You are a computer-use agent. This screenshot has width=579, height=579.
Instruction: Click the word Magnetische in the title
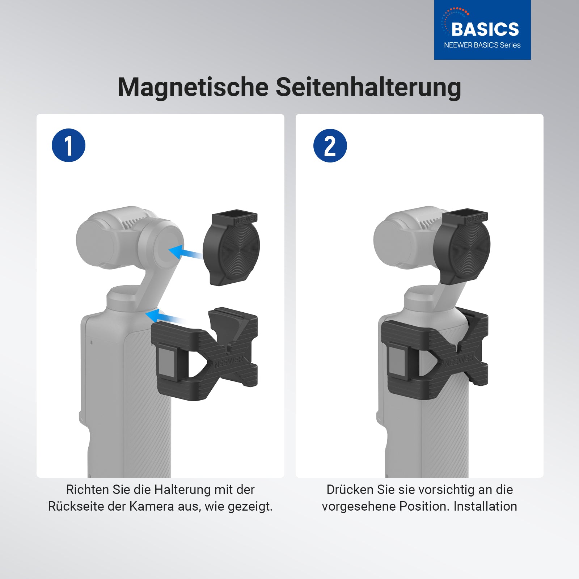tap(193, 88)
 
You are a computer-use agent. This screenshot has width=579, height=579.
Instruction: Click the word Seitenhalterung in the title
tap(368, 87)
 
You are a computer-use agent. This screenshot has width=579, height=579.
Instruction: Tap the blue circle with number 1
tap(68, 145)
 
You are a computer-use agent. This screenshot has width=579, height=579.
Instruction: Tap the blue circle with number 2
tap(330, 145)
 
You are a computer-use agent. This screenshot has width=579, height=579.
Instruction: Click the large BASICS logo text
tap(485, 29)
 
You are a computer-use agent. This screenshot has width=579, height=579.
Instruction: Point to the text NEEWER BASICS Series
tap(482, 45)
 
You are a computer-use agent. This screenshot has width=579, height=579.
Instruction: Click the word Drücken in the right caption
tap(350, 490)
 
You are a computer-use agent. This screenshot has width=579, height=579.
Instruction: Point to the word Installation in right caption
tap(485, 506)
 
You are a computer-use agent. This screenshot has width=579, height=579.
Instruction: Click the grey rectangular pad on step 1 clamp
tap(167, 362)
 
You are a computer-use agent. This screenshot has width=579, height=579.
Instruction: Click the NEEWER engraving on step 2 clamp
tap(459, 360)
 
